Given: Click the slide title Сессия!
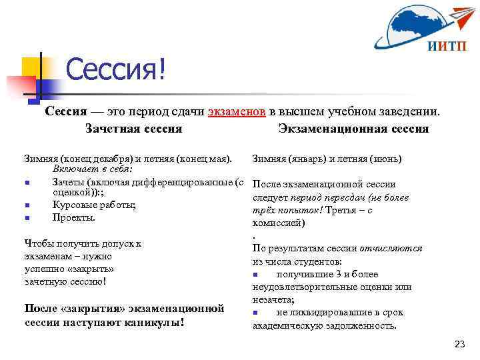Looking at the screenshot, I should click(x=115, y=71).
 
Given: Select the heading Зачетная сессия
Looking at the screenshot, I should click(x=134, y=128).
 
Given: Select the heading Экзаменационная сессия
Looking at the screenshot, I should click(x=353, y=128).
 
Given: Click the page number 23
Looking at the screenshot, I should click(x=459, y=344).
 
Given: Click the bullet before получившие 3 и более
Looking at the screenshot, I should click(x=256, y=275).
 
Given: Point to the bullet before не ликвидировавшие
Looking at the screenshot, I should click(x=256, y=313).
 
